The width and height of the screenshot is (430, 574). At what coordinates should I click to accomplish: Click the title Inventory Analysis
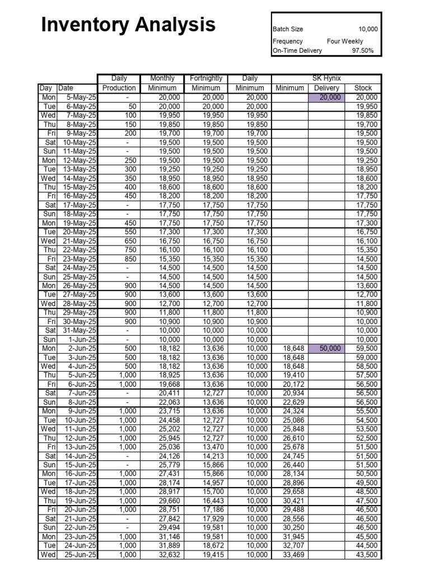coord(129,25)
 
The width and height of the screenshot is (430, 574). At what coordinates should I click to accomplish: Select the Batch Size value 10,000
coord(368,29)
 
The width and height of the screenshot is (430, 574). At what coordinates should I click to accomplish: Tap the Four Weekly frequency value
coord(345,41)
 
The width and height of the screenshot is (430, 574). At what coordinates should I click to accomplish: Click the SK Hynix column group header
coord(326,78)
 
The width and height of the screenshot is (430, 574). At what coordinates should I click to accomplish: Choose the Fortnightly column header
coord(206,78)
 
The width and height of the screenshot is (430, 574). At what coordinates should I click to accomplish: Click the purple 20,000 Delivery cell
coord(326,97)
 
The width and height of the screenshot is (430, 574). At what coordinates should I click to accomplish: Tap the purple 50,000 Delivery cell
coord(326,348)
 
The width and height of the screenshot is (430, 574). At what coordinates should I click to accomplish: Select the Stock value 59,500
coord(367,348)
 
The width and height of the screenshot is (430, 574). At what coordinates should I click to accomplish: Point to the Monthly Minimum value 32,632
coord(166,555)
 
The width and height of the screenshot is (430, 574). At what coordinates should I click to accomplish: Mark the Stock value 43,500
coord(367,555)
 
